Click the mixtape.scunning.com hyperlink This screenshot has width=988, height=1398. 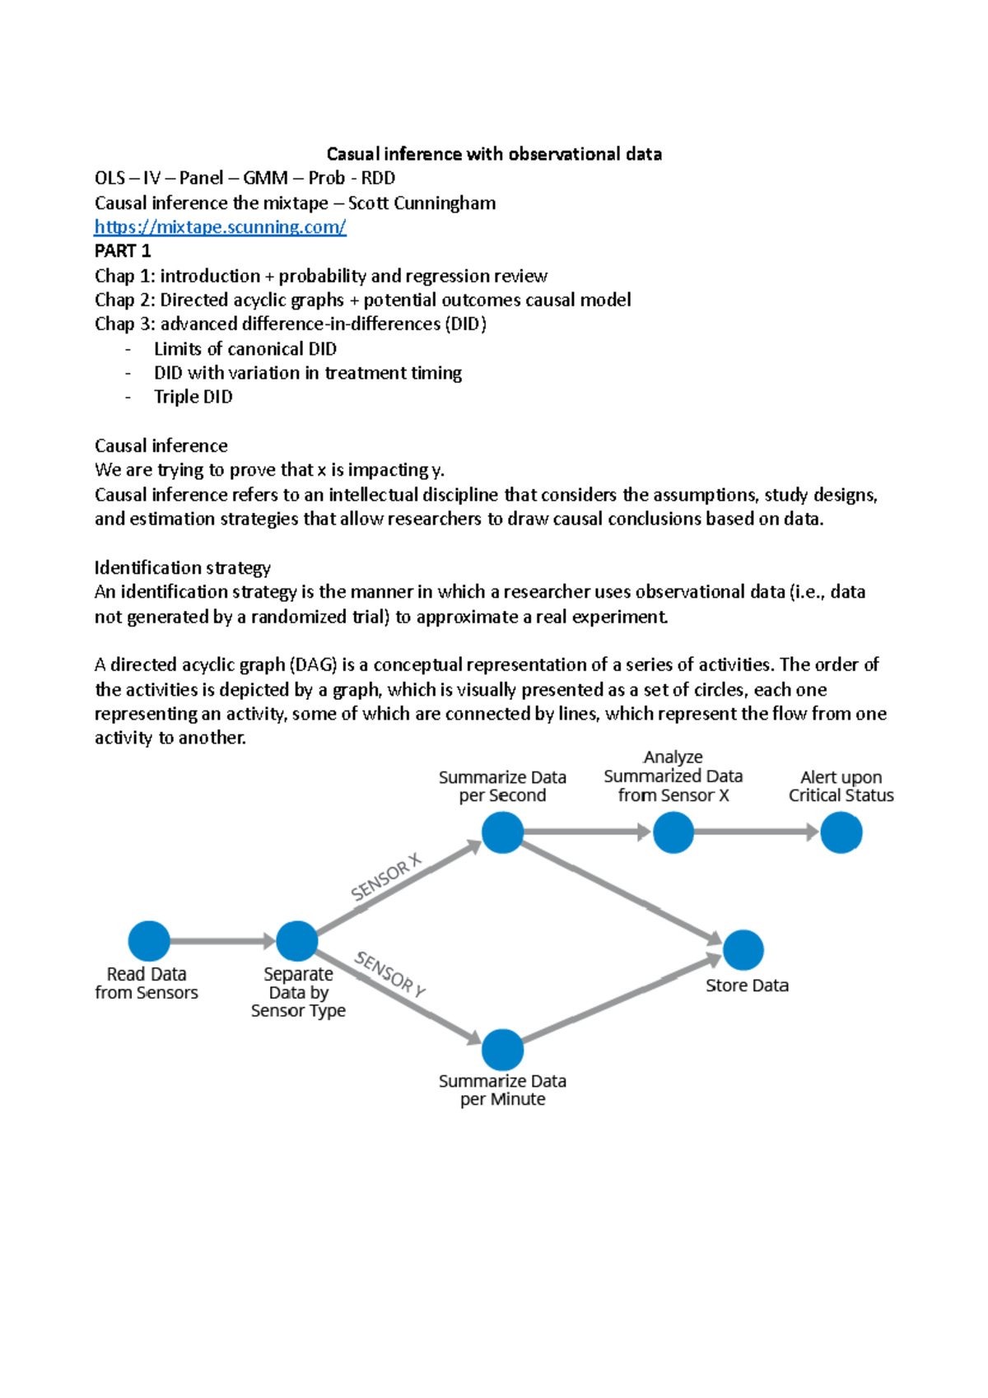pos(220,227)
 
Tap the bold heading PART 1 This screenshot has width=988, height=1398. pos(123,251)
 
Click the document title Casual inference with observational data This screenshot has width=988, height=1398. pos(494,154)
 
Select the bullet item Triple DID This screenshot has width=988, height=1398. pos(193,397)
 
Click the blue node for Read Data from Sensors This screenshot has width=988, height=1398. pos(149,941)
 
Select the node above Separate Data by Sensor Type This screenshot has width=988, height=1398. pos(297,941)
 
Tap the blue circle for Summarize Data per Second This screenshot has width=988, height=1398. pos(502,832)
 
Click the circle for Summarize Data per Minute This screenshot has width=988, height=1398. pos(502,1050)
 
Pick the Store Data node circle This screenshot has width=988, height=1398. pos(743,950)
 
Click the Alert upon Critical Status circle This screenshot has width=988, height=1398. pos(841,832)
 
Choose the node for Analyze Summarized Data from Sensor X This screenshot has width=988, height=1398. pos(673,832)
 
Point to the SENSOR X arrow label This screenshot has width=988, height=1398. pos(385,878)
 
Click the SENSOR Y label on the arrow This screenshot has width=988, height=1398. pos(390,974)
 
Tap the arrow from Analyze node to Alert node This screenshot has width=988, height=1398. pos(756,832)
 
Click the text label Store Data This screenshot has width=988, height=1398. pos(747,986)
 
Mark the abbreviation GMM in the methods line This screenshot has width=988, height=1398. pos(265,178)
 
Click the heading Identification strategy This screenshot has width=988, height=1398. pos(182,568)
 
